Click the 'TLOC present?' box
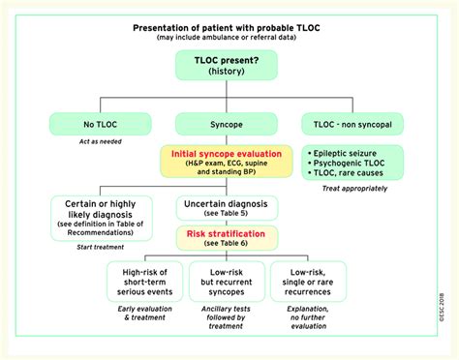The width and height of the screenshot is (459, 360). [227, 66]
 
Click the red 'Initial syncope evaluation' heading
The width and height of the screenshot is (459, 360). [227, 155]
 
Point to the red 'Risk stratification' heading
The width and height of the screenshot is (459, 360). [227, 233]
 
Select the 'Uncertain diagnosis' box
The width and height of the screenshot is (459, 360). [227, 207]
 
